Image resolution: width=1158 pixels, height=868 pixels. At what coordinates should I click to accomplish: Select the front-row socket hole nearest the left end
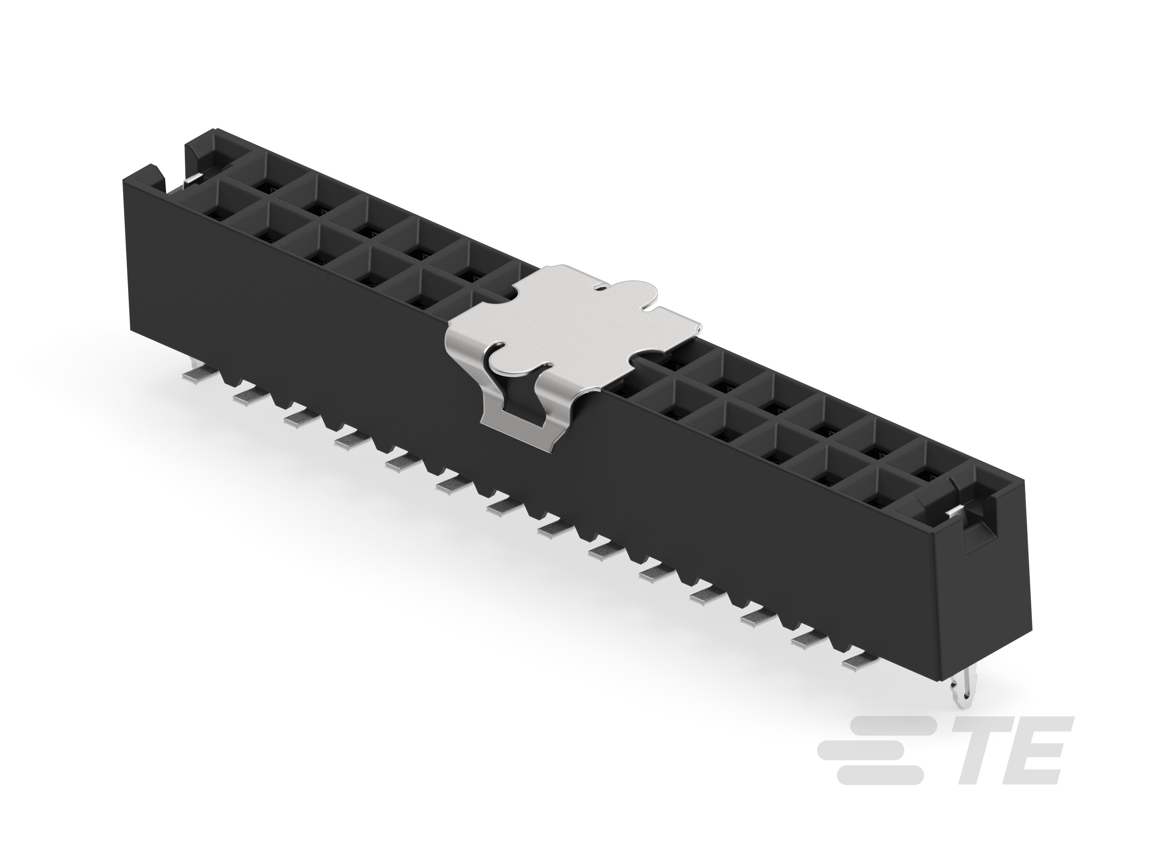[215, 212]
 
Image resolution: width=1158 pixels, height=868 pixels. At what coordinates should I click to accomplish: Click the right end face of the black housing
[984, 602]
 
